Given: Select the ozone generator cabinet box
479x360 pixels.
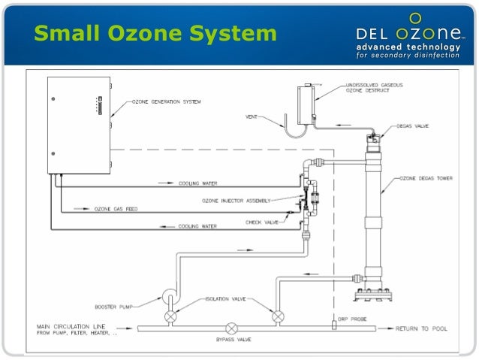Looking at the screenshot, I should (x=80, y=125).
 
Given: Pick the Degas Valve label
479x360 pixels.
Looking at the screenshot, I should (x=413, y=127).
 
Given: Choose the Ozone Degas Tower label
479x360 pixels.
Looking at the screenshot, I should (x=429, y=178).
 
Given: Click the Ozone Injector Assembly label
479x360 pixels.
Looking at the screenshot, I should (x=236, y=201).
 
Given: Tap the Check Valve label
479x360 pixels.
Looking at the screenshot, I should (x=262, y=222).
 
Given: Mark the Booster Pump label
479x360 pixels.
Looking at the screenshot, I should (x=111, y=306).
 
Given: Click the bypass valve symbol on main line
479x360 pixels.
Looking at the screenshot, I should (x=231, y=328).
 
